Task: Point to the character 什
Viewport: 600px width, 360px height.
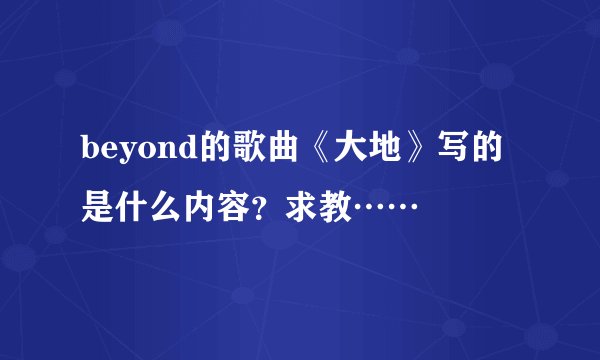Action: point(142,207)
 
